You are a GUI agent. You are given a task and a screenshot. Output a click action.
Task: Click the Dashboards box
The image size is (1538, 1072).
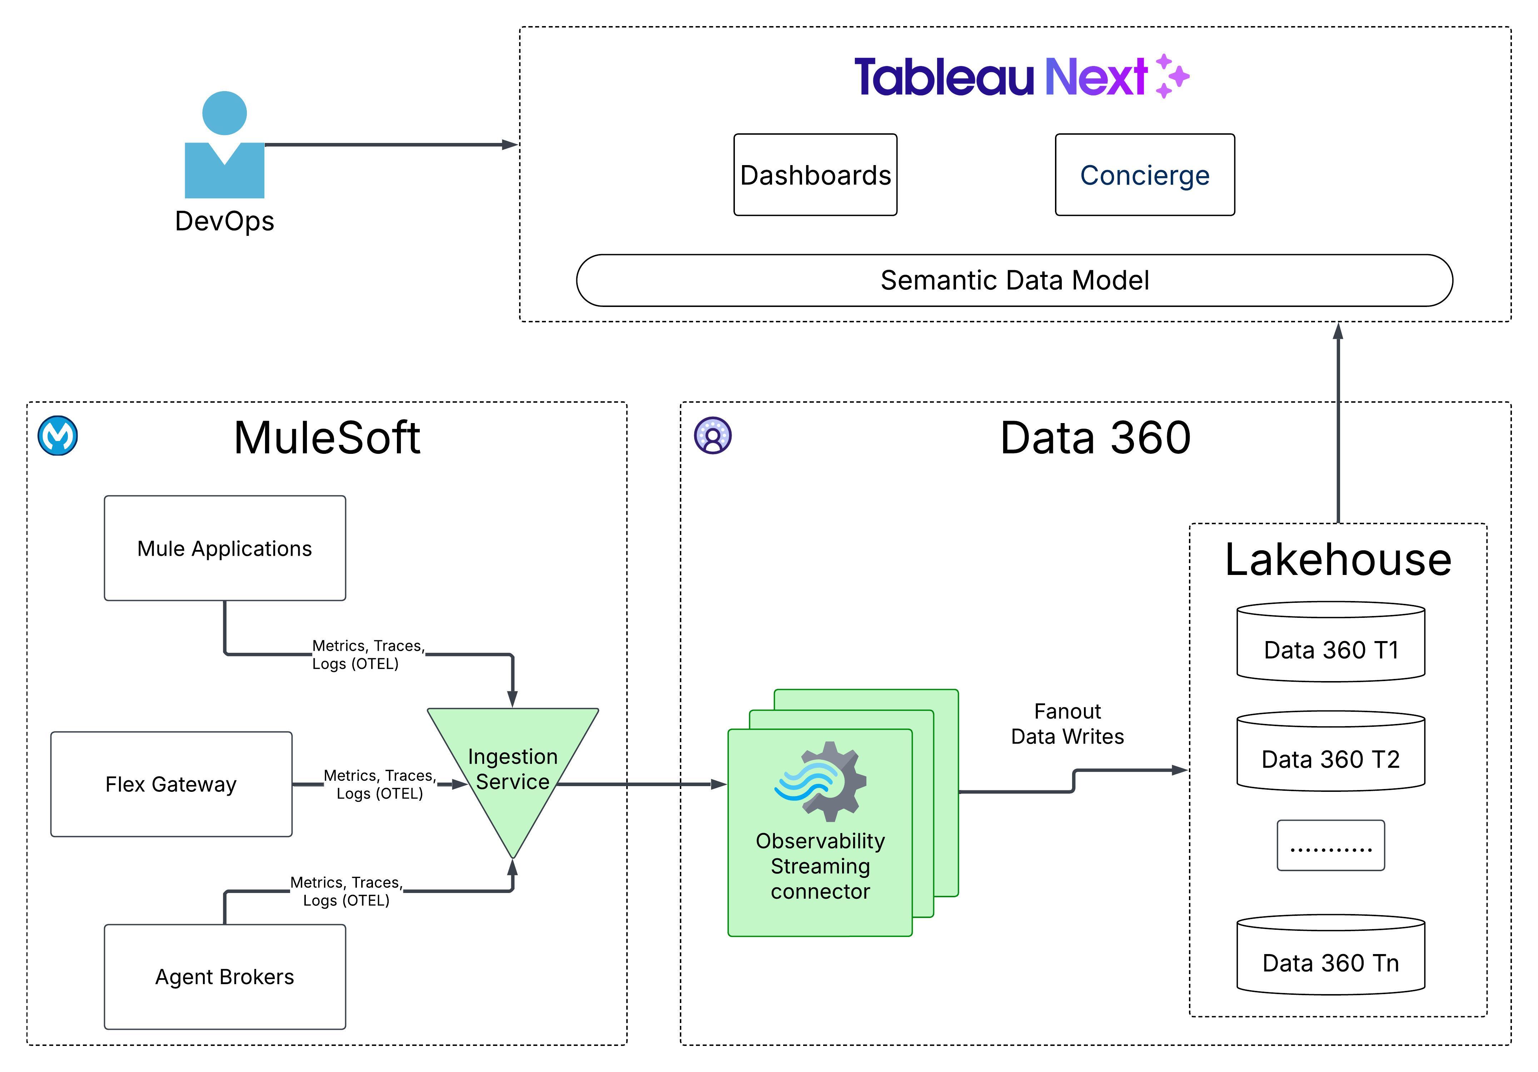pos(815,175)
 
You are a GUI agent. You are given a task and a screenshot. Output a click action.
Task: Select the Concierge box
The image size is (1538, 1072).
pos(1145,175)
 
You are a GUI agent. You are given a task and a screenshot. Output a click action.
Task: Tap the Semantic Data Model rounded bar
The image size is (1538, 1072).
pos(1014,280)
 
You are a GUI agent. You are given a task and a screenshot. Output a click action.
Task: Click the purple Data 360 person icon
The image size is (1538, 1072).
pos(713,436)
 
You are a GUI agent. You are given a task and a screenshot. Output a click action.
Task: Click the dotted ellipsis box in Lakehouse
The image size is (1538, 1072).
pos(1330,845)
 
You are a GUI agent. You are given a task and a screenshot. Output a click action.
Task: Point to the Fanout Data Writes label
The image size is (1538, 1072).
pos(1067,724)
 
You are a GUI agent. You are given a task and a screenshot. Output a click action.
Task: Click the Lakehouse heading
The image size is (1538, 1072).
pos(1338,560)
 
